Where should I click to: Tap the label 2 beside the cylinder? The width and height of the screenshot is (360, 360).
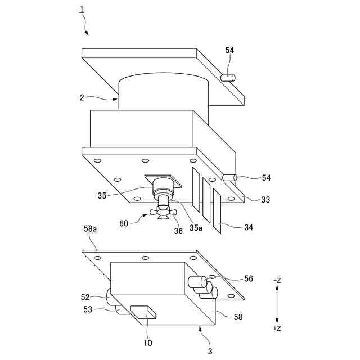pos(82,97)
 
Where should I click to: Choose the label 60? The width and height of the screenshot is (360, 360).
pos(124,223)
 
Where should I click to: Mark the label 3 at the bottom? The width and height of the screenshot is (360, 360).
pos(209,351)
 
